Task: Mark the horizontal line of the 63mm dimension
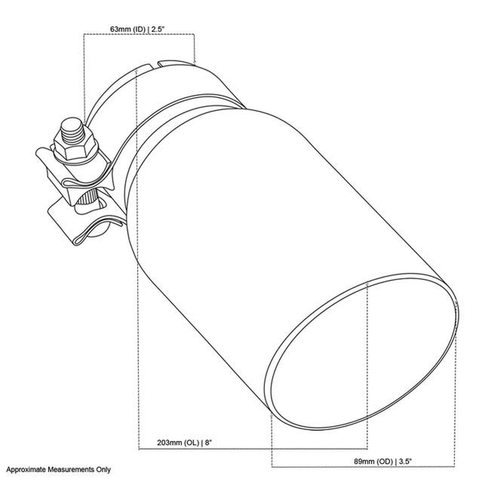pyautogui.click(x=138, y=35)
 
